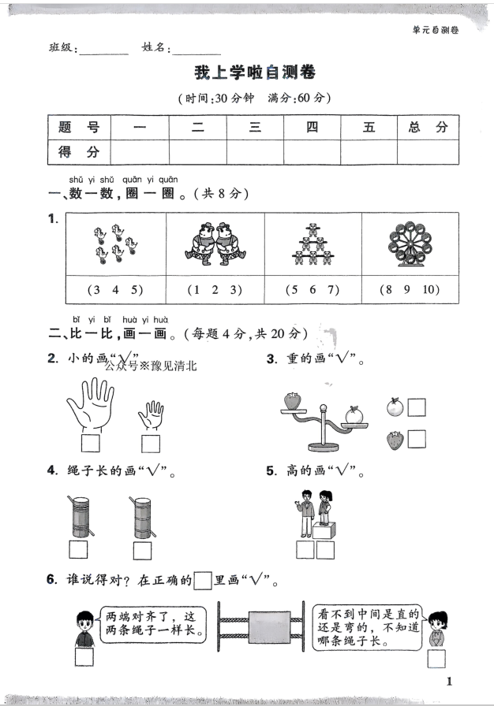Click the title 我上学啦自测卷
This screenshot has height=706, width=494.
pos(254,73)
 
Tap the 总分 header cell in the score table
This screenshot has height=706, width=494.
pos(428,128)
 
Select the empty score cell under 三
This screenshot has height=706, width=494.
pos(255,150)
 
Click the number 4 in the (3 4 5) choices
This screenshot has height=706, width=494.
pos(114,289)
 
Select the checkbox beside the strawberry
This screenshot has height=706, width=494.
pos(416,438)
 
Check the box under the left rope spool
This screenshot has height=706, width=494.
pos(78,548)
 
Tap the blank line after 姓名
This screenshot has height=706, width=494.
pos(197,49)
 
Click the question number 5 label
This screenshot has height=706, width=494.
pos(271,472)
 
